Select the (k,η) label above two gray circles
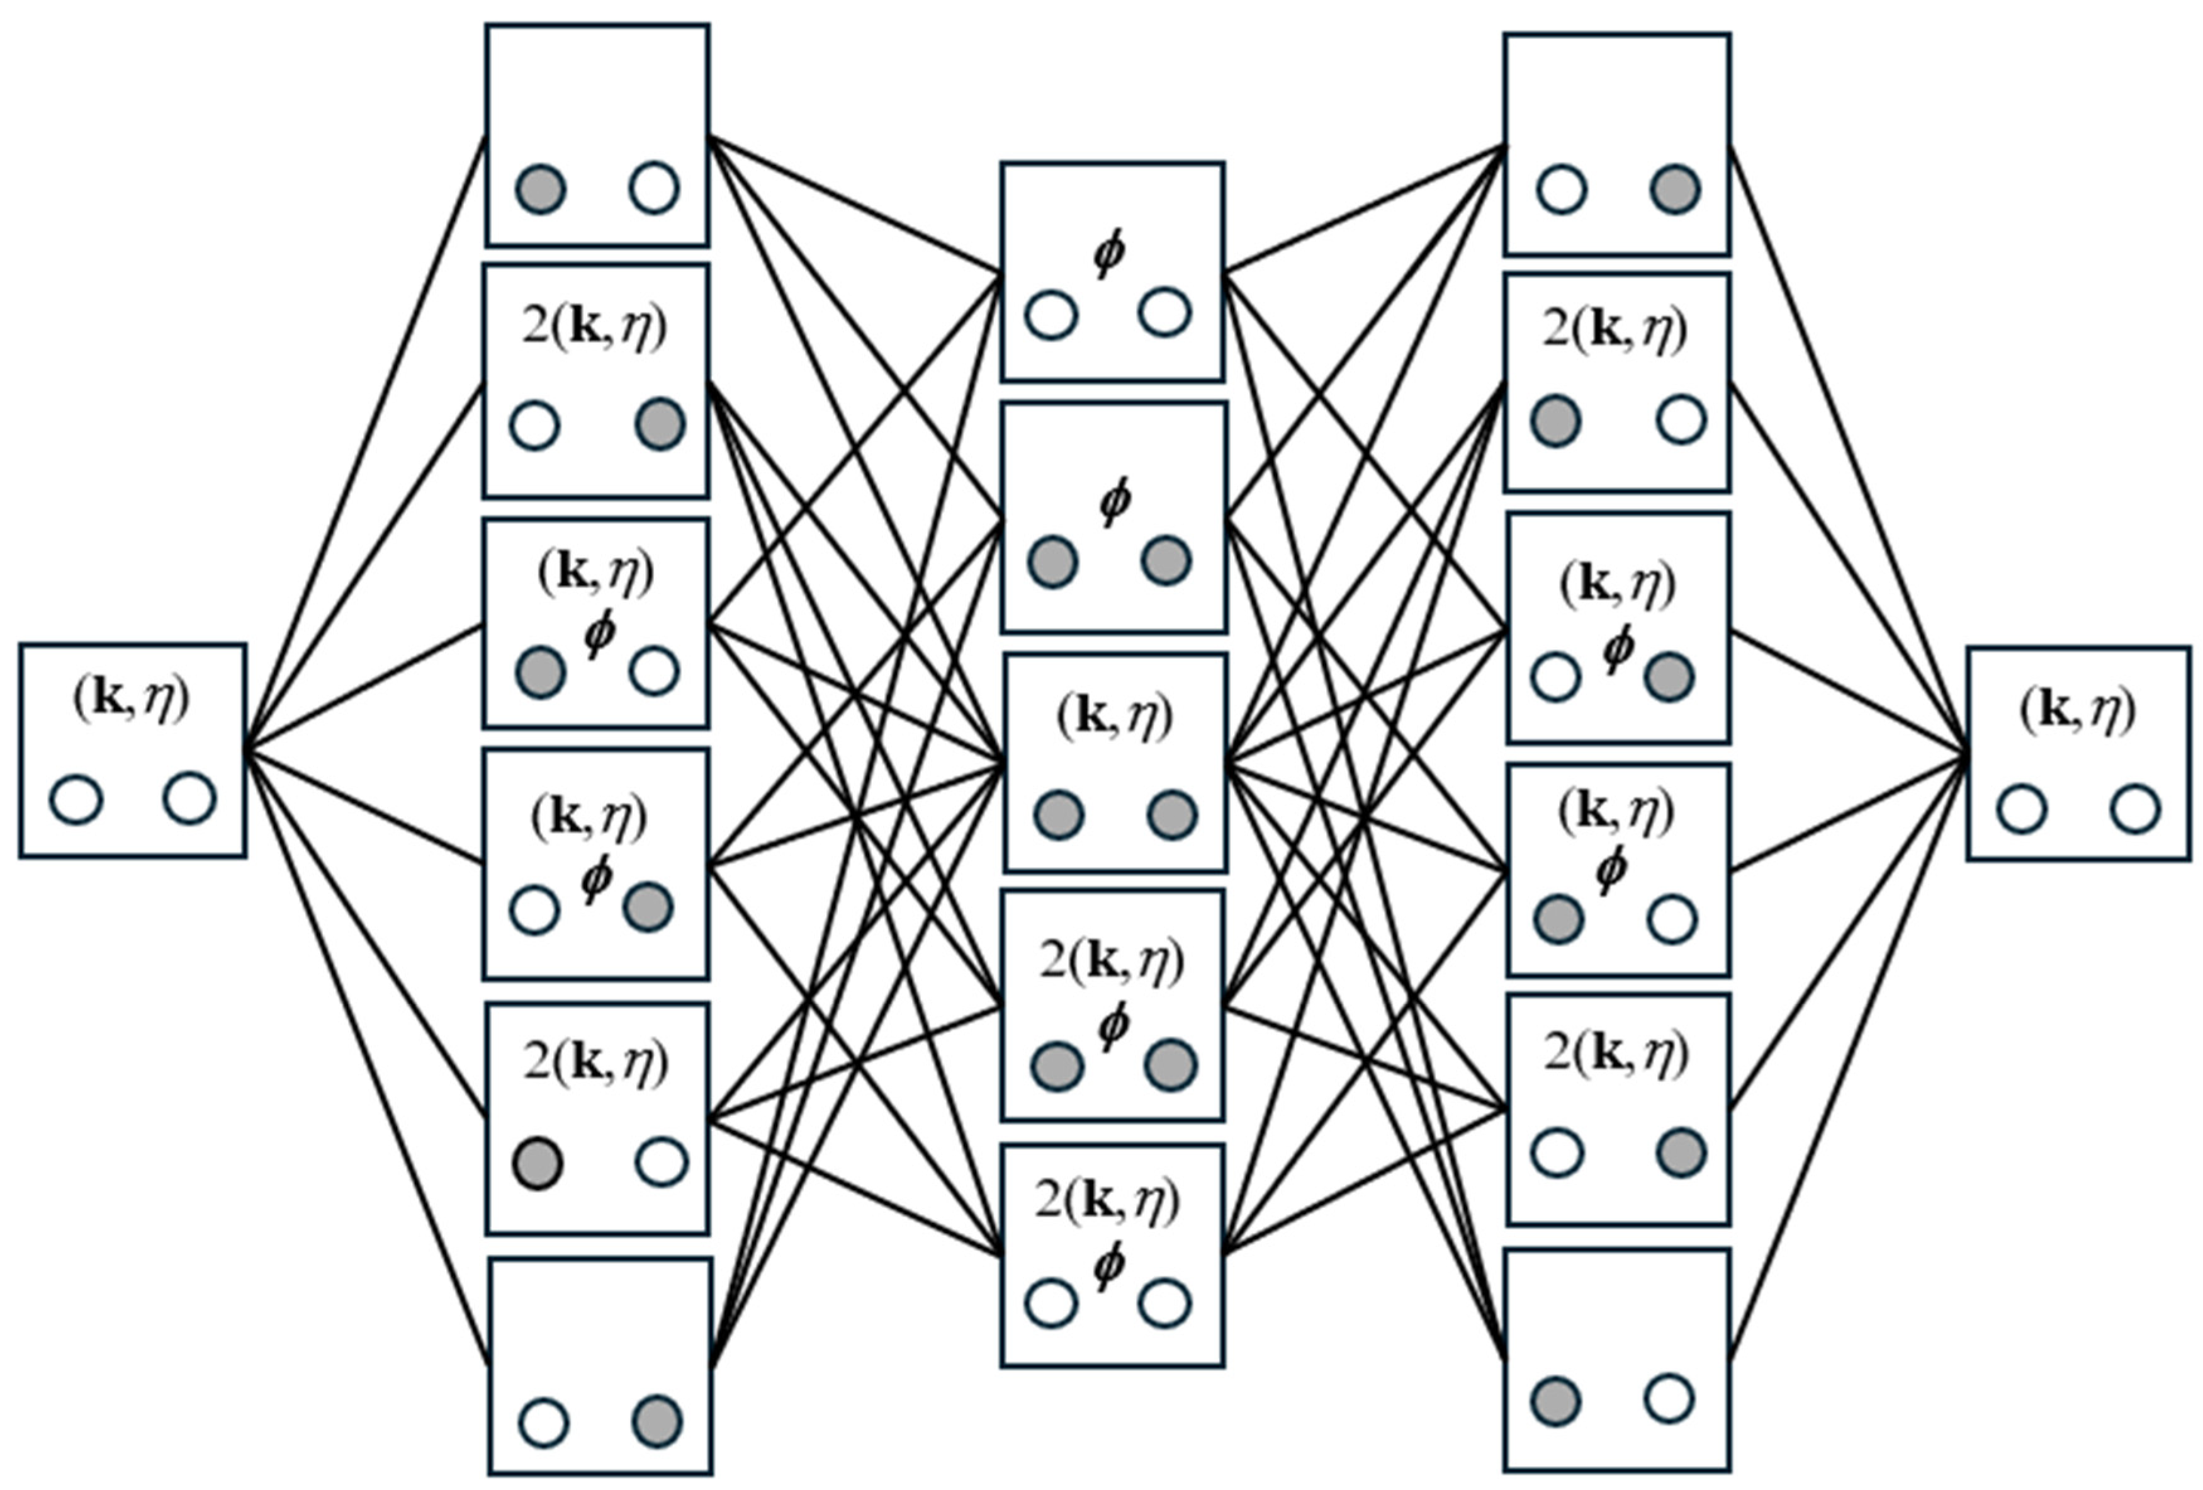pyautogui.click(x=1115, y=716)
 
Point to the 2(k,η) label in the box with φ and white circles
pyautogui.click(x=1107, y=1202)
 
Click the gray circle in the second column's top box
pyautogui.click(x=540, y=189)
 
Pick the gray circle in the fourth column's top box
pyautogui.click(x=1674, y=189)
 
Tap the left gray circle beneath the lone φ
pyautogui.click(x=1053, y=562)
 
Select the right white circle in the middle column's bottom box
pyautogui.click(x=1164, y=1303)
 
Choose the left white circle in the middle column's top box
pyautogui.click(x=1051, y=315)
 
